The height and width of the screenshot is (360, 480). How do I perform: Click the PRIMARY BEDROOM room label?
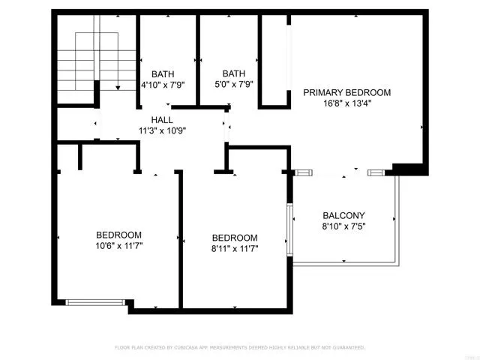coord(346,92)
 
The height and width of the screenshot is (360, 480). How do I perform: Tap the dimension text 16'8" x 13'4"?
coord(346,103)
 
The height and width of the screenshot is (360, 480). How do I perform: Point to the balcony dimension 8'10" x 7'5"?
coord(343,226)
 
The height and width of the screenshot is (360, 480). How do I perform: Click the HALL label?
coord(161,120)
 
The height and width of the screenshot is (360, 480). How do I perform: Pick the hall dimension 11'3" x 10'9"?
coord(162,130)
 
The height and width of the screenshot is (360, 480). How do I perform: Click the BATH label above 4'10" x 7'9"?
coord(163,73)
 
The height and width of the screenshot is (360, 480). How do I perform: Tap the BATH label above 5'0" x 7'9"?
coord(233,73)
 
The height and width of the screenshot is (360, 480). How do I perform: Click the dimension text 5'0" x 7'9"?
coord(233,84)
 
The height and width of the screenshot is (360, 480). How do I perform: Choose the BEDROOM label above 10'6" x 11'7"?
coord(118,233)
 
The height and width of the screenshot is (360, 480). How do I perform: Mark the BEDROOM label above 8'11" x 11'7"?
coord(235,238)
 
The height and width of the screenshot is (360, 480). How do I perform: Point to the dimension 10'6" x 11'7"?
coord(118,244)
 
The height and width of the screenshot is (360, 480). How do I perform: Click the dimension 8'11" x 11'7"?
coord(235,249)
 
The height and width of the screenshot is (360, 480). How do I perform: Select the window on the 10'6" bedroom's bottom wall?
coord(94,302)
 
